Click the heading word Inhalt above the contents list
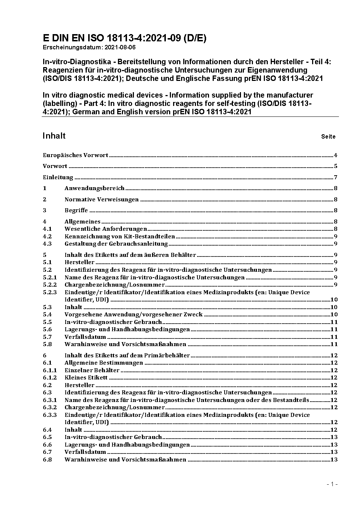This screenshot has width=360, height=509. coord(54,136)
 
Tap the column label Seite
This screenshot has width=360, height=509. coord(328,137)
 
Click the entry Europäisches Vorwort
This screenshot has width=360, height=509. coord(75,155)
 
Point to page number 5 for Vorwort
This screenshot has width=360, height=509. coord(336,166)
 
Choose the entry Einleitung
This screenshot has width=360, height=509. coord(58,177)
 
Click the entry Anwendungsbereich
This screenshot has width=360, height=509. coord(94,188)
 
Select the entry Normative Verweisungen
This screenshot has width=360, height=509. coord(102,200)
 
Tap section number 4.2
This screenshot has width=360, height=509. coord(47,237)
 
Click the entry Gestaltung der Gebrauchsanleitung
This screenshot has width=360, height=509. coord(116,244)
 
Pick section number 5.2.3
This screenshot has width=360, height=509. coord(50,292)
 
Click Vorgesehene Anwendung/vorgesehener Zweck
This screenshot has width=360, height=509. coord(134,315)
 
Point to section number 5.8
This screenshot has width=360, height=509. coord(47,344)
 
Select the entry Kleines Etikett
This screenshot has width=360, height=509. coord(86,378)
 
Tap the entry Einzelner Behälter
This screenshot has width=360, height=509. coord(92,370)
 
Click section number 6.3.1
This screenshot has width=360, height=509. coord(50,400)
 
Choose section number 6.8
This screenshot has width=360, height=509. coord(47,460)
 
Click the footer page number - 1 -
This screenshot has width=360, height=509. coord(332,484)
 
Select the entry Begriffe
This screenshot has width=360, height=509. coord(76,210)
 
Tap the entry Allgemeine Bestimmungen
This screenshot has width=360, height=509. coord(104,363)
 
